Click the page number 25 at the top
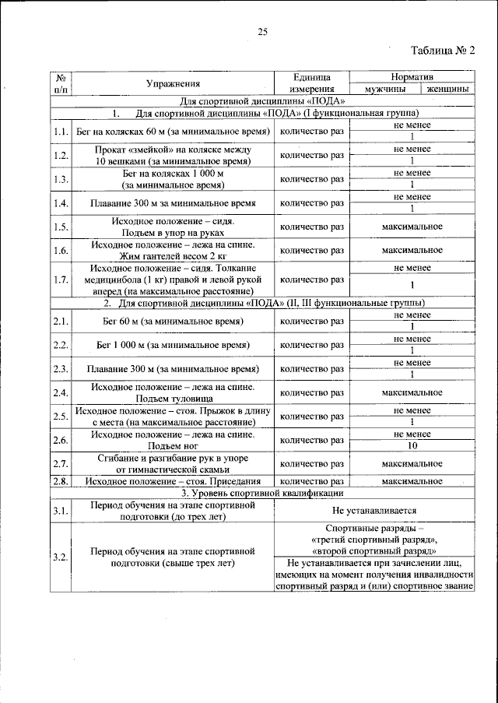262,31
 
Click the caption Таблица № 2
441,51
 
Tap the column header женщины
447,90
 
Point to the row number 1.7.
61,278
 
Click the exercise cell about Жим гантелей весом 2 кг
172,250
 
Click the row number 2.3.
61,368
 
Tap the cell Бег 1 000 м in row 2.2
172,344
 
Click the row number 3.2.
61,558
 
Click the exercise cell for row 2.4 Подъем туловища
172,392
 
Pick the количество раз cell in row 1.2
311,155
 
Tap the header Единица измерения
311,83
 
